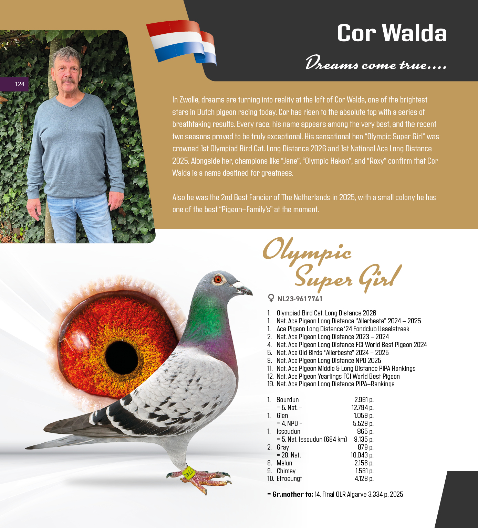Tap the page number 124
coord(20,84)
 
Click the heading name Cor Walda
coord(392,33)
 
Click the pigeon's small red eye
coord(218,279)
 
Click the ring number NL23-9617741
coord(300,299)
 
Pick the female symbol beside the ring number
coord(271,298)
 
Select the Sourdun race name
coord(288,400)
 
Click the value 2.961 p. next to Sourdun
coord(364,400)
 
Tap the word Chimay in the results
coord(286,471)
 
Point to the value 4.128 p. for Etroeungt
coord(364,478)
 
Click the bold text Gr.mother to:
coord(290,494)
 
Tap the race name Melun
coord(284,463)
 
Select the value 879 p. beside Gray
coord(365,447)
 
